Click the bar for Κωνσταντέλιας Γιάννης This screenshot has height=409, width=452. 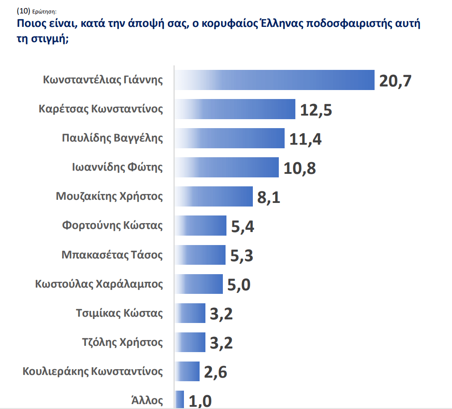pos(274,80)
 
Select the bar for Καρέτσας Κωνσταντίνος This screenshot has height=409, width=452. pos(235,109)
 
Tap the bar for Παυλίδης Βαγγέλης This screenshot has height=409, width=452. pos(230,138)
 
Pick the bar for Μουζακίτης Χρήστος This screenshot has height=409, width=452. pos(214,197)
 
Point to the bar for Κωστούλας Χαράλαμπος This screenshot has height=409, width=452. pos(199,284)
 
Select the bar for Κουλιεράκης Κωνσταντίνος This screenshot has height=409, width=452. pos(187,371)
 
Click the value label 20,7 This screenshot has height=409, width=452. pos(395,81)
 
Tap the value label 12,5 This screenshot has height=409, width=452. pos(316,110)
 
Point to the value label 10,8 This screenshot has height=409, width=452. pos(300,168)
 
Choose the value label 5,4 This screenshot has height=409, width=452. pos(243,227)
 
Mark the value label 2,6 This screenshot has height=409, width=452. pos(216,372)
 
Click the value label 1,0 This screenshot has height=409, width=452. pos(200,400)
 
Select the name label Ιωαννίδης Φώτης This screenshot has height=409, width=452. pos(118,168)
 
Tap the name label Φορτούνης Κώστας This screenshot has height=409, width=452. pos(112,225)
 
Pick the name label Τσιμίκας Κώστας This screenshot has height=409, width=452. pos(119,313)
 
